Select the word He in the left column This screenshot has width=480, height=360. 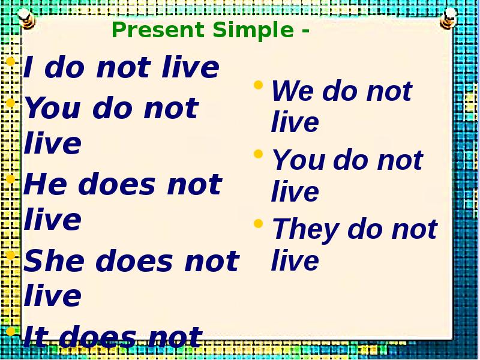coord(46,185)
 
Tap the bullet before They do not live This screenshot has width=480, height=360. coord(258,223)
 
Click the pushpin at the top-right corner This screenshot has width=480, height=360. coord(446,18)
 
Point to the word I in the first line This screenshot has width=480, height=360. coord(28,68)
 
